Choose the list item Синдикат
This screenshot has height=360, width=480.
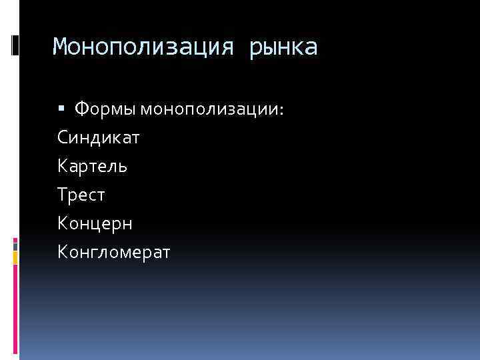coord(99,137)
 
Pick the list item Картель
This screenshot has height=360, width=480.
coord(93,166)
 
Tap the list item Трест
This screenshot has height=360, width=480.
coord(82,195)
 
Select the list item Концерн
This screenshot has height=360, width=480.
coord(95,223)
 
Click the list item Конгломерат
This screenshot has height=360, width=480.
coord(114,252)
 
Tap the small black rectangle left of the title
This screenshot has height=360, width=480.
coord(15,45)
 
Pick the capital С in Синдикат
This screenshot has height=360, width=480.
coord(63,137)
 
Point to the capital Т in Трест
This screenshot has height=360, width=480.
coord(63,195)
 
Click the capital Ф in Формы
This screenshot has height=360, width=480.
coord(81,109)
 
